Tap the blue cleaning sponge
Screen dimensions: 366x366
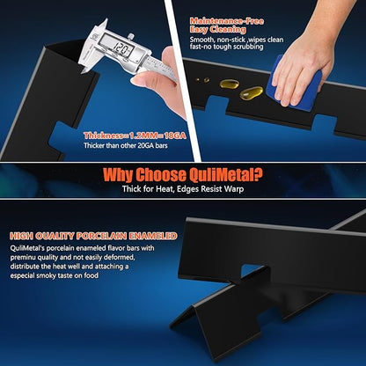coord(293,84)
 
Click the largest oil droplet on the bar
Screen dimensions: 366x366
coord(251,93)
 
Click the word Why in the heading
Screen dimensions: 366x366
coord(118,175)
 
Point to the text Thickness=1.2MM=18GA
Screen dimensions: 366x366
coord(135,135)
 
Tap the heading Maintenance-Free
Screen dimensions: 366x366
coord(227,21)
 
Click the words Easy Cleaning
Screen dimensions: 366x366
coord(217,30)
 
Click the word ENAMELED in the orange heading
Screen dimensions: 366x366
coord(153,236)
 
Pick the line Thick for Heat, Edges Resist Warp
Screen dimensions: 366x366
coord(183,188)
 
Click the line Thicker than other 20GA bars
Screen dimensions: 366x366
coord(126,145)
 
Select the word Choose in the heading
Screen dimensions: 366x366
coord(160,175)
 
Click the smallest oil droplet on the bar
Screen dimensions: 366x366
coord(197,80)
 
